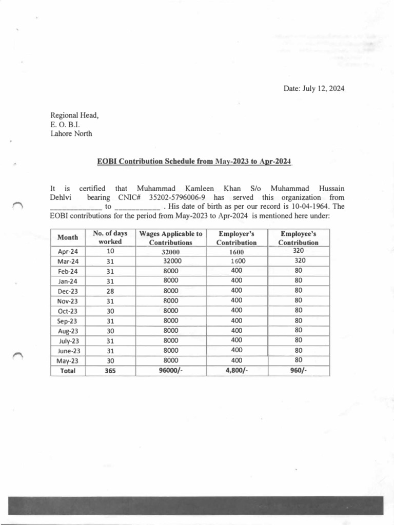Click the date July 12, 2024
314,89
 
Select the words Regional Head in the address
74,115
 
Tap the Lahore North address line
71,134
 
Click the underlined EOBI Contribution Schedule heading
194,161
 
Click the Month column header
68,238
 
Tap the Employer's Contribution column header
237,238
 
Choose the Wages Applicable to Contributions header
171,238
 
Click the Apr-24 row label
68,252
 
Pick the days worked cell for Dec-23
110,291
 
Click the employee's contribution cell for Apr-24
299,251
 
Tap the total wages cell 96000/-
171,370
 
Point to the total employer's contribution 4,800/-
237,370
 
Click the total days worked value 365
110,370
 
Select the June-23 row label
68,351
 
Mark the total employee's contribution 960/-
299,370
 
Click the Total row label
68,370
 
